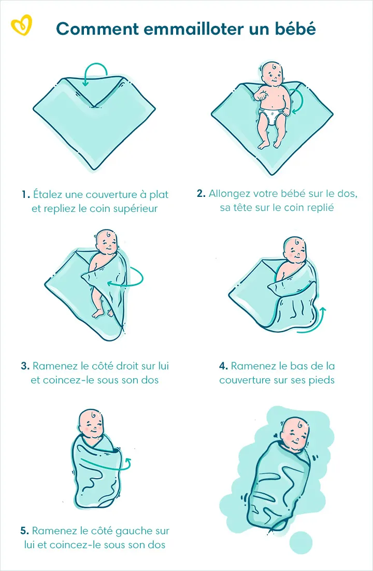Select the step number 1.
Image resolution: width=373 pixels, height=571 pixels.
pyautogui.click(x=25, y=195)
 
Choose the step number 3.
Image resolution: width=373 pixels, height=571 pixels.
pyautogui.click(x=25, y=366)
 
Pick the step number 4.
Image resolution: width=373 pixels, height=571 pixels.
pyautogui.click(x=223, y=366)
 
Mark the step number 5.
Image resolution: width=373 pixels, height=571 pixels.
pyautogui.click(x=24, y=531)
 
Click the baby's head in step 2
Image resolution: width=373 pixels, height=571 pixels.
pyautogui.click(x=271, y=74)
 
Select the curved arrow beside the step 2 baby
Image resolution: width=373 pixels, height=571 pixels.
pyautogui.click(x=296, y=101)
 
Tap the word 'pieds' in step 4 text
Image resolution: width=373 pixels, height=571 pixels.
pyautogui.click(x=322, y=380)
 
